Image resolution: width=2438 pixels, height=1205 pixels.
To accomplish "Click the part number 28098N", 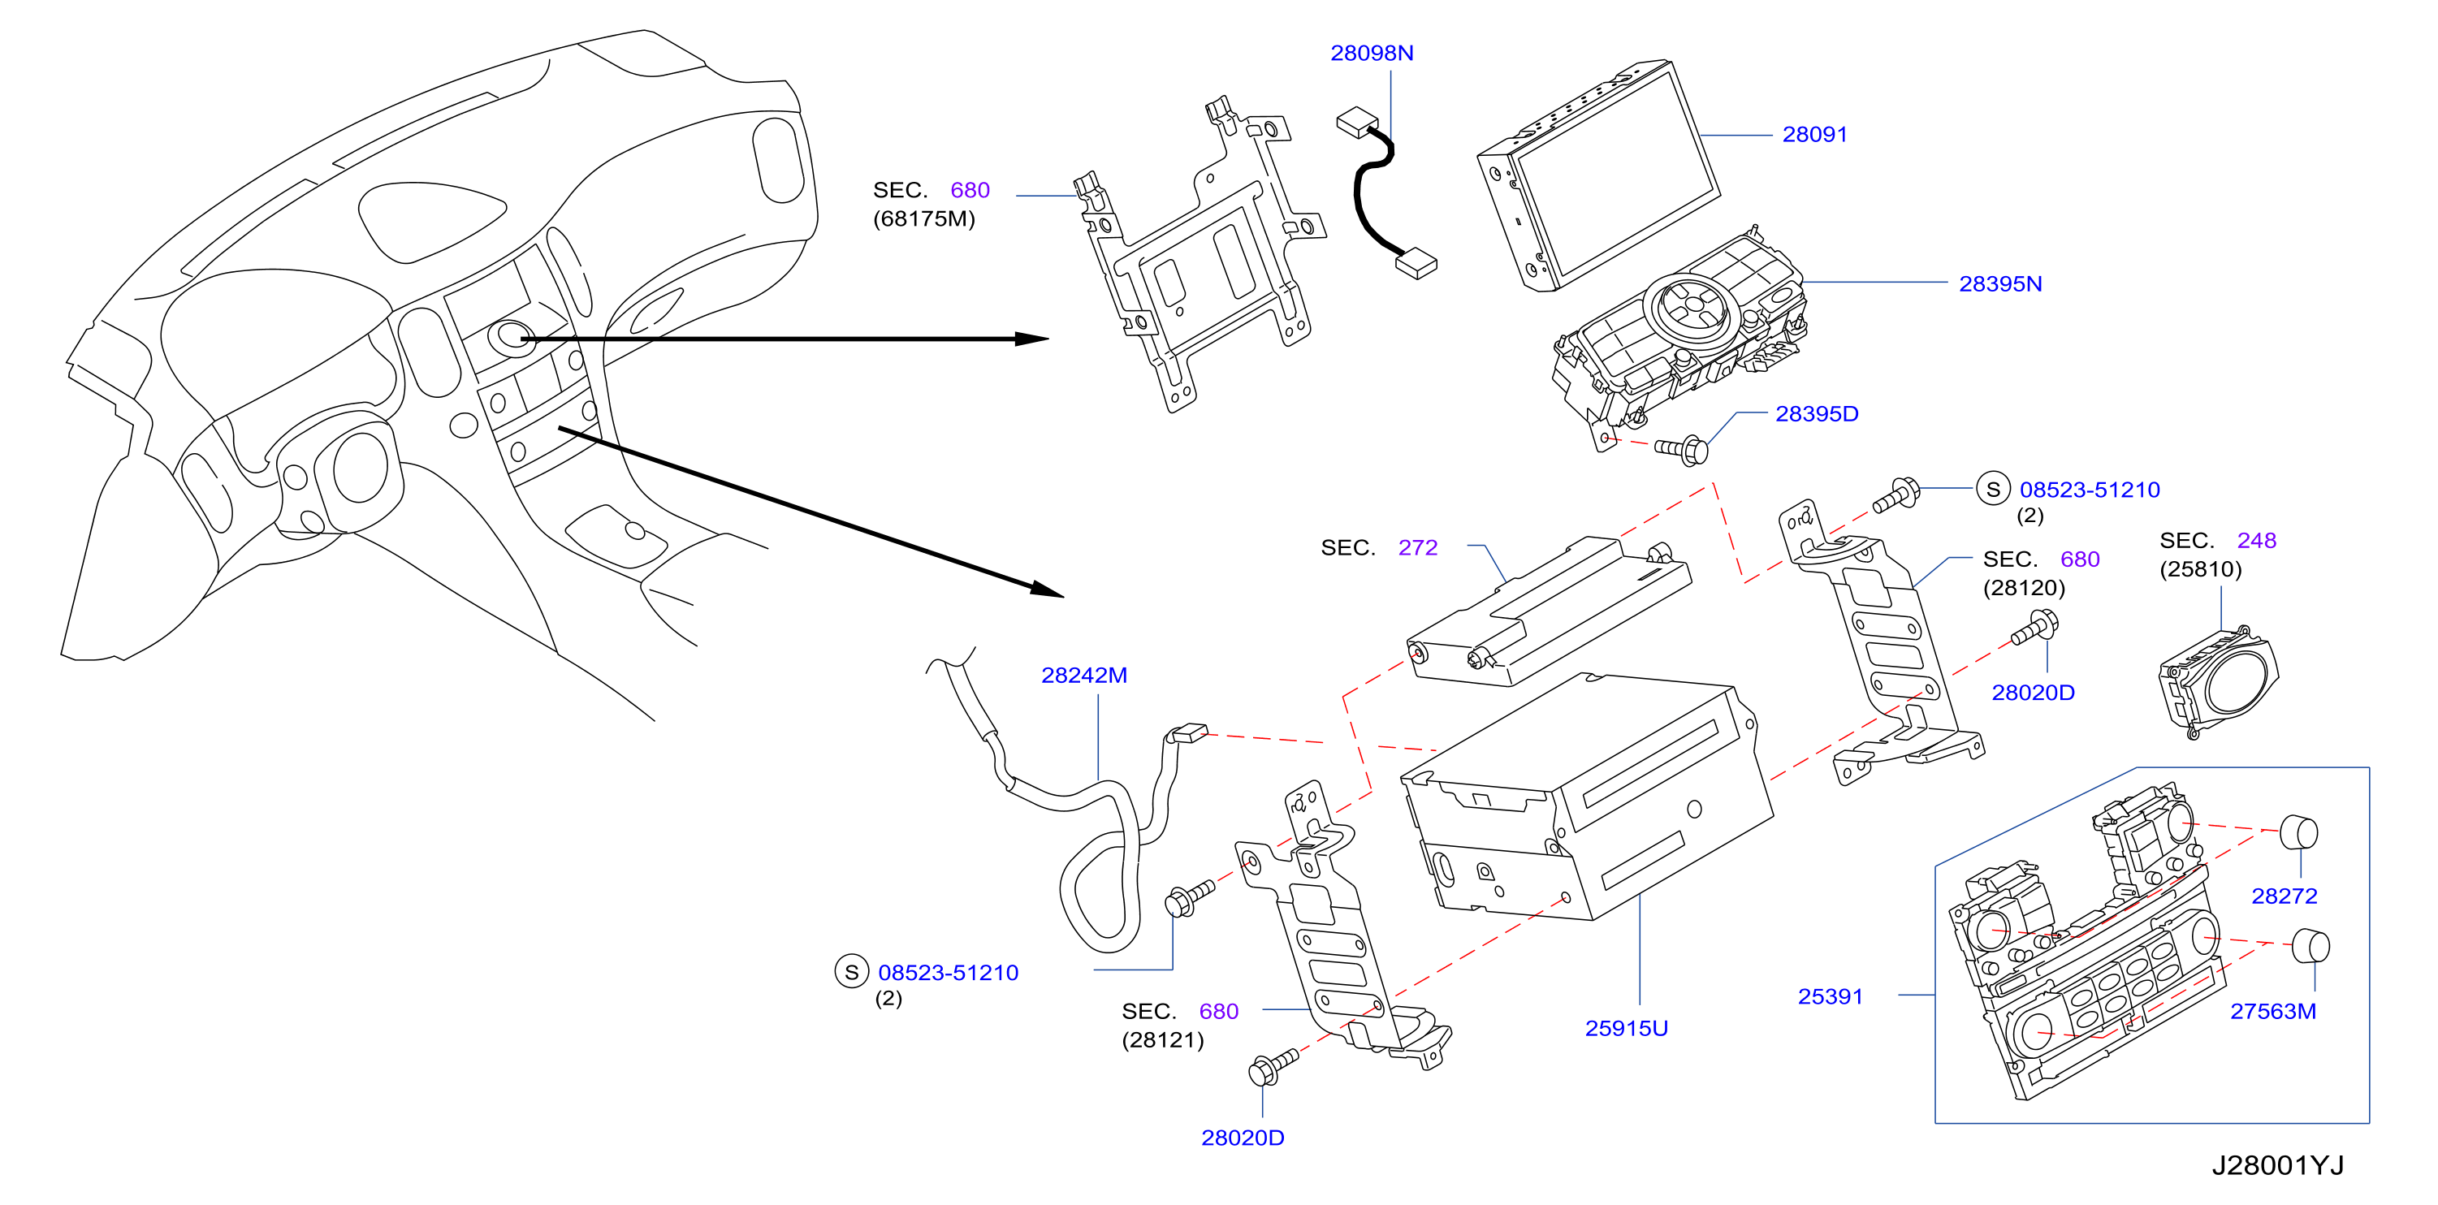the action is (x=1372, y=53).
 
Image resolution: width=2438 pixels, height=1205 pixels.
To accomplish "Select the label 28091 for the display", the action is (x=1814, y=135).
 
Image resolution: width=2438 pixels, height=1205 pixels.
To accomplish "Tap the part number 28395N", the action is (x=1999, y=284).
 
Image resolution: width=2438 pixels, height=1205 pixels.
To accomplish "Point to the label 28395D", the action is (x=1816, y=413).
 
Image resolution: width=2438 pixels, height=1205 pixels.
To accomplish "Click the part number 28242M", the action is (x=1083, y=675).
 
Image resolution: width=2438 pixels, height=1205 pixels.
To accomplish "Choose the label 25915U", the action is (x=1626, y=1028).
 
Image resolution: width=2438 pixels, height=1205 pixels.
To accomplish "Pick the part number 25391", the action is (x=1830, y=997).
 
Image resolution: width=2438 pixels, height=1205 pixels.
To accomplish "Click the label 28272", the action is (x=2284, y=896).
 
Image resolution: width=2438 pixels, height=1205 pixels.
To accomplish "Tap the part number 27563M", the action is (x=2272, y=1011).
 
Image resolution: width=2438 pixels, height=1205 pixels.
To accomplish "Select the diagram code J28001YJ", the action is (x=2277, y=1165).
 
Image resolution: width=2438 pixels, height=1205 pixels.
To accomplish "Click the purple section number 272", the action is (x=1417, y=547).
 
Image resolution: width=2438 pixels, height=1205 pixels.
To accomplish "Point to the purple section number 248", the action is (x=2256, y=541).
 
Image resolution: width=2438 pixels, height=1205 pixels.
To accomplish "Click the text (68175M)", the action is (x=923, y=218).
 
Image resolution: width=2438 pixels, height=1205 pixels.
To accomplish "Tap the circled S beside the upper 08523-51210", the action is (x=1993, y=490).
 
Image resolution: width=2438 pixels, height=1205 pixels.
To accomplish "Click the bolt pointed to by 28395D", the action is (x=1682, y=449).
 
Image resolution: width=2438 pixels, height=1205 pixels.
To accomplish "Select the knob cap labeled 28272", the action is (x=2298, y=833).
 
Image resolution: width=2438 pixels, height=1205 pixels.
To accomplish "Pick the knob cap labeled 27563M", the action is (x=2310, y=947).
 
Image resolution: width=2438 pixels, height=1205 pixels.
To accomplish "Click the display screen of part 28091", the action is (x=1616, y=176).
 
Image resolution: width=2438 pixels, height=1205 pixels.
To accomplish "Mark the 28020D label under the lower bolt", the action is (x=1242, y=1138).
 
